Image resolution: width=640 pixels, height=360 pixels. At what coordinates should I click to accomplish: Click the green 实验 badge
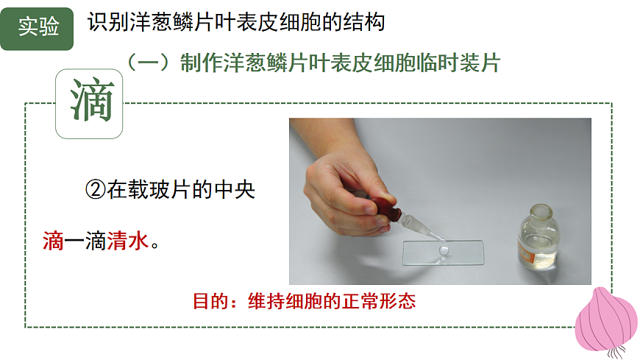[x=37, y=29]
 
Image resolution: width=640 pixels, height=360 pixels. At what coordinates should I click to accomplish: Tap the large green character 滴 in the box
[x=91, y=100]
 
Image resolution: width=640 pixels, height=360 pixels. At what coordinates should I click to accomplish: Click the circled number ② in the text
[x=96, y=190]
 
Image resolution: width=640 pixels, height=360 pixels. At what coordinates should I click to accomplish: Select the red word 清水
[x=127, y=241]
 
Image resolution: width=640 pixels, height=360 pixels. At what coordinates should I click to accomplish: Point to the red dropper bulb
[x=385, y=208]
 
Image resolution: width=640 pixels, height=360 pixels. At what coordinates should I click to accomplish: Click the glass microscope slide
[x=443, y=253]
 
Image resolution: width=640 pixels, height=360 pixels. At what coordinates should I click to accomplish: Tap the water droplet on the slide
[x=443, y=250]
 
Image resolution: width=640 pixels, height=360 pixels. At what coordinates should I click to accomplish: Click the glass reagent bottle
[x=538, y=237]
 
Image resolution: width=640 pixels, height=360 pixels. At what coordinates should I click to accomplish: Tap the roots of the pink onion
[x=617, y=352]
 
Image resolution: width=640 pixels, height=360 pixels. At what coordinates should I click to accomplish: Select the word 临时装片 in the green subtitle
[x=458, y=63]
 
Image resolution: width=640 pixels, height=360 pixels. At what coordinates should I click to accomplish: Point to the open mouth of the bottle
[x=541, y=210]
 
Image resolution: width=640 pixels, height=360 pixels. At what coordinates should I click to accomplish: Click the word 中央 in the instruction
[x=235, y=190]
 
